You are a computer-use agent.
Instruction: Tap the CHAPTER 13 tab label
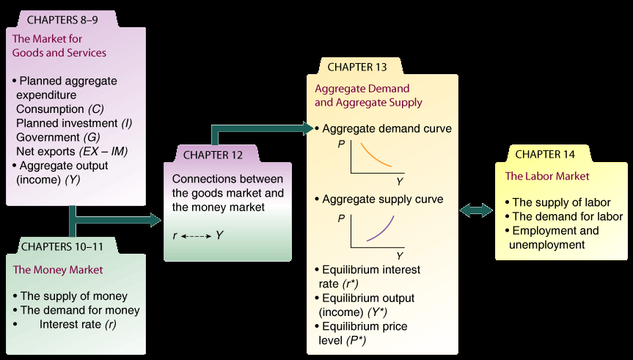(357, 67)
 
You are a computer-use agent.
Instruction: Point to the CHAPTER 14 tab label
(546, 154)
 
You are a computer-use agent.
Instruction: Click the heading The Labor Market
(546, 177)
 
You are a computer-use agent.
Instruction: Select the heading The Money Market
(58, 270)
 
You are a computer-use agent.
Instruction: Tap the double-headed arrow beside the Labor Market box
(476, 211)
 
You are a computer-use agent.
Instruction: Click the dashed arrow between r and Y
(197, 236)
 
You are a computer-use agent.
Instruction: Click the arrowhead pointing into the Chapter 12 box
(154, 219)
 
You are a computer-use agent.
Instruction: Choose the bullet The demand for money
(80, 310)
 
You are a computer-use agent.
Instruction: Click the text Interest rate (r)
(78, 324)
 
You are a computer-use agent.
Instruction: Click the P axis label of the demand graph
(341, 145)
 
